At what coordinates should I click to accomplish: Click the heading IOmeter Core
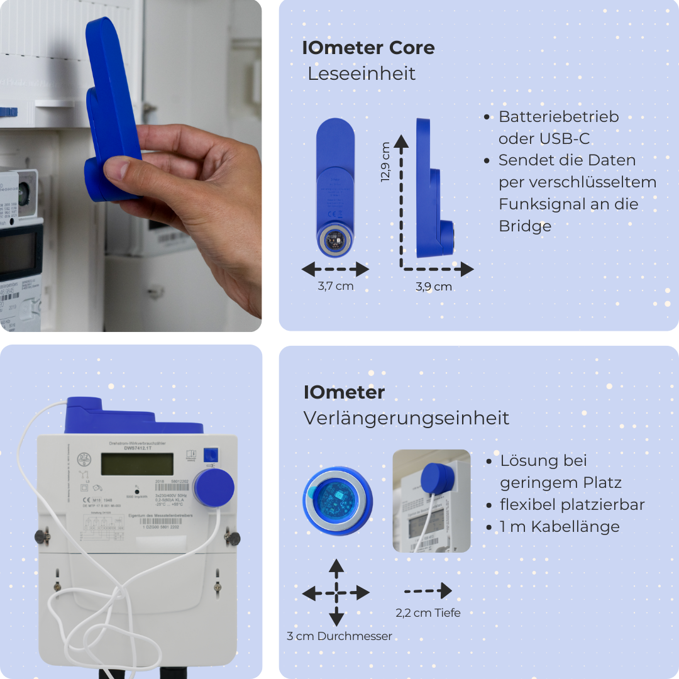368,48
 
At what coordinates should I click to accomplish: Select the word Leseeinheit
362,74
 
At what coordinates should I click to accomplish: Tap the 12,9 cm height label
385,162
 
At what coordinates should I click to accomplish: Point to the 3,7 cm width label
336,286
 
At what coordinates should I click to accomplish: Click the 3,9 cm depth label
434,287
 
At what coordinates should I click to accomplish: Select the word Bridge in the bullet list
525,226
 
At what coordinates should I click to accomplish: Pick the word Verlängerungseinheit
406,418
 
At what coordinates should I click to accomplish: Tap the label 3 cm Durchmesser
339,636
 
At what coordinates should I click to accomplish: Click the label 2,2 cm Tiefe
428,612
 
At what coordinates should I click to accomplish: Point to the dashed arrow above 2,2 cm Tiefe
428,591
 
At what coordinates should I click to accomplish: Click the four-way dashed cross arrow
336,592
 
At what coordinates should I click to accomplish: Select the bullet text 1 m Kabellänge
560,527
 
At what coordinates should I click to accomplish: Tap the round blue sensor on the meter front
214,488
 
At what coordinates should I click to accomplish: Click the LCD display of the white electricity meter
137,465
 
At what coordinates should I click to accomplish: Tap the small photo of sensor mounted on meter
431,501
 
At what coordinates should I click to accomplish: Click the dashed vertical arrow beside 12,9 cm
402,201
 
